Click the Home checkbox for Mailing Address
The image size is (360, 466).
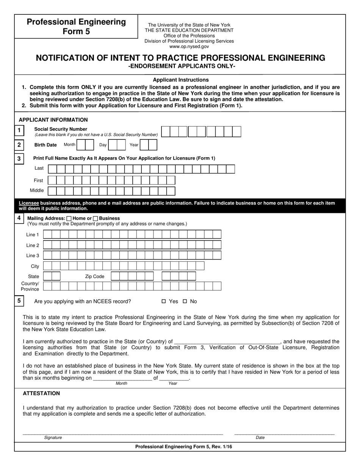click(x=69, y=218)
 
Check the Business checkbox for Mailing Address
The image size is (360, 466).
click(x=95, y=218)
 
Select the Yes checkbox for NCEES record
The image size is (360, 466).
click(x=164, y=302)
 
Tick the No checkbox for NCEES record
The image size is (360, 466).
click(x=185, y=302)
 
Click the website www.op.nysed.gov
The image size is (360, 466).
click(x=189, y=47)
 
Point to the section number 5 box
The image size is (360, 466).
click(x=19, y=301)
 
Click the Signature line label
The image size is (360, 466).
click(x=53, y=438)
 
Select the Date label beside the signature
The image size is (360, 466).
click(x=260, y=438)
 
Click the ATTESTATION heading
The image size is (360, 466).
click(x=41, y=393)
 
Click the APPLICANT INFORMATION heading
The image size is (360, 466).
click(x=53, y=120)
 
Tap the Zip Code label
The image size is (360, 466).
click(x=94, y=277)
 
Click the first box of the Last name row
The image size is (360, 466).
click(x=52, y=169)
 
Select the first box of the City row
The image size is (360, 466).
click(x=47, y=266)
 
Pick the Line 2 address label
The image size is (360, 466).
click(x=33, y=246)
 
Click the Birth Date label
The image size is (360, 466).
click(x=45, y=145)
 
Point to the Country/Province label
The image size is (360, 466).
click(x=30, y=286)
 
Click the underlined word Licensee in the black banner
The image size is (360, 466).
click(x=29, y=203)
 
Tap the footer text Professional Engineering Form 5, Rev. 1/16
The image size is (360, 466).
click(x=184, y=447)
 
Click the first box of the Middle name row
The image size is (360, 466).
click(x=52, y=191)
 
